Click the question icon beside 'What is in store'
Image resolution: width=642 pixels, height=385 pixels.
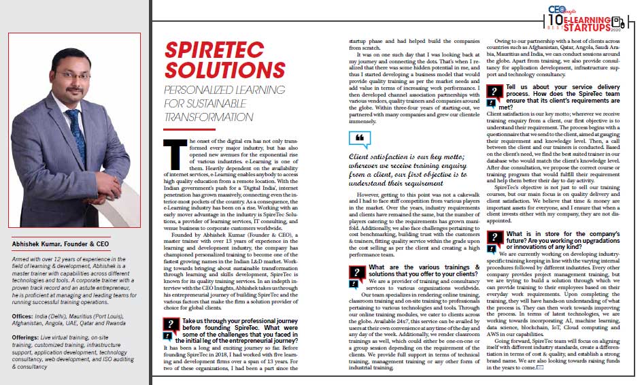coord(492,239)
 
